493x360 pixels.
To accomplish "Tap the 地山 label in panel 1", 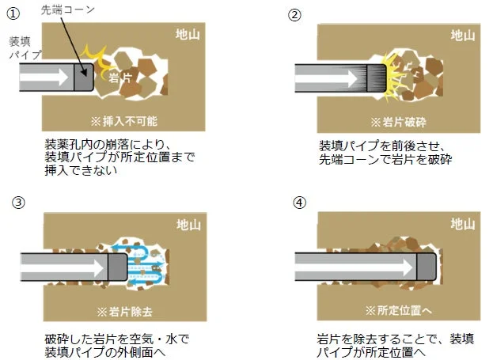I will pyautogui.click(x=190, y=35).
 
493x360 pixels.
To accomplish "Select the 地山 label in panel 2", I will pyautogui.click(x=463, y=35).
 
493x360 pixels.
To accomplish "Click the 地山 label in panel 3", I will pyautogui.click(x=189, y=223).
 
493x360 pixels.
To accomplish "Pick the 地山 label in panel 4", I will pyautogui.click(x=463, y=224).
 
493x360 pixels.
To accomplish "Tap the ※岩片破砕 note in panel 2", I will pyautogui.click(x=397, y=121).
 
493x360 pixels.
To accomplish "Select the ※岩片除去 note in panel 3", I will pyautogui.click(x=124, y=309).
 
